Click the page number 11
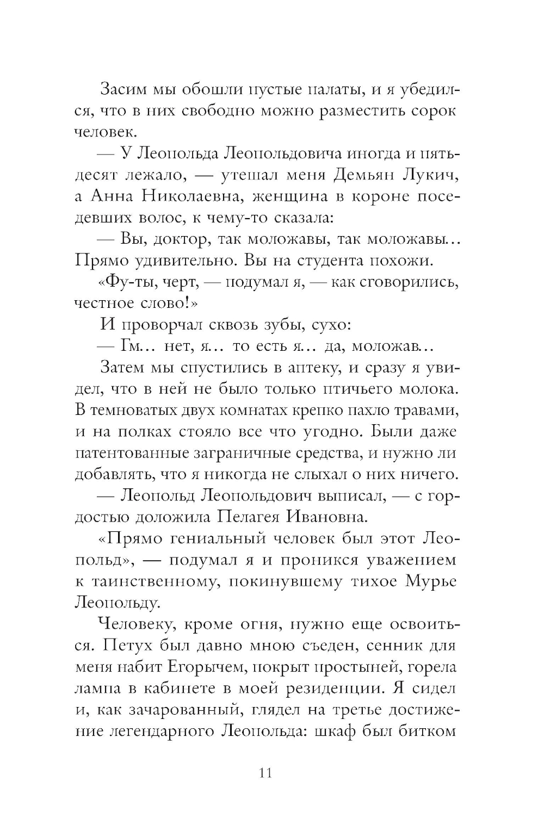pyautogui.click(x=266, y=772)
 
